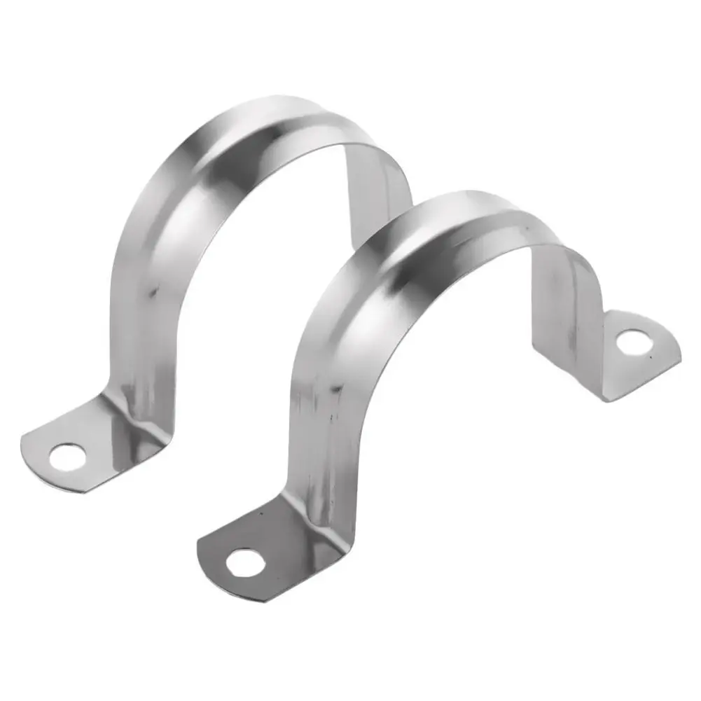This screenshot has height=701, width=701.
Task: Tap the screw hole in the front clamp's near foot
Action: pyautogui.click(x=244, y=560)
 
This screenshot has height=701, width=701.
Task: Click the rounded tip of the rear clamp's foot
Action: pyautogui.click(x=32, y=448)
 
